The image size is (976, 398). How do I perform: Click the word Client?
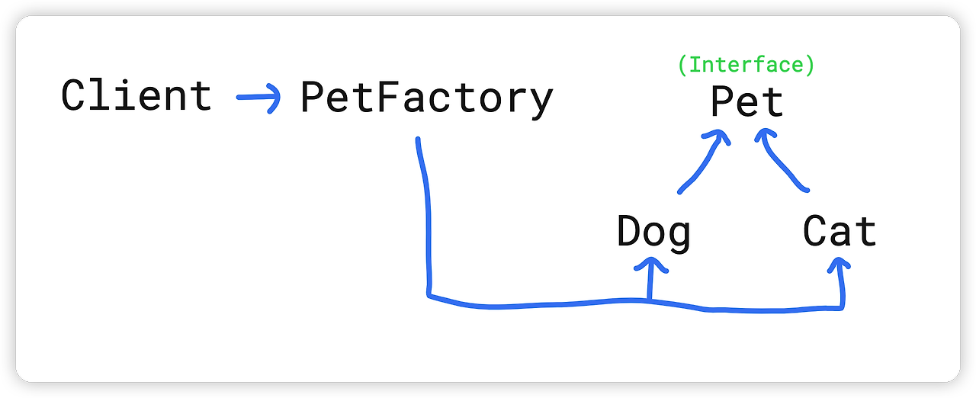pos(136,97)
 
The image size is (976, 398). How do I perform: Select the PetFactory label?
pos(426,98)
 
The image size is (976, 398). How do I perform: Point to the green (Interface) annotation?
pos(746,66)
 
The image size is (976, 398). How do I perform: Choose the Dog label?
pos(653,232)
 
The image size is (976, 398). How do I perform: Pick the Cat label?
pos(840,231)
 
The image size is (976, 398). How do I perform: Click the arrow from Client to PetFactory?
pos(258,98)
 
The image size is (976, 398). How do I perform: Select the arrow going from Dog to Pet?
pos(702,162)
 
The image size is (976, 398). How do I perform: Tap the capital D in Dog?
pos(629,231)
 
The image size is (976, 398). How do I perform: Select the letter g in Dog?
pos(679,236)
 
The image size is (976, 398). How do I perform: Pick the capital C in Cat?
pos(815,231)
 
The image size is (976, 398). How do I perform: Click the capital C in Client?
pos(73,97)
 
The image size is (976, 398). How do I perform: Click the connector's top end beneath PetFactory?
pos(418,140)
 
